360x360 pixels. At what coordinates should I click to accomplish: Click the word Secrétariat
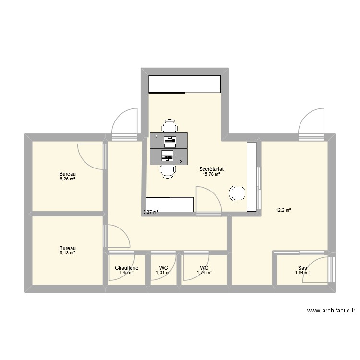[x=212, y=169]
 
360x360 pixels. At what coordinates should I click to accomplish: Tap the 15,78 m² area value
[x=211, y=174]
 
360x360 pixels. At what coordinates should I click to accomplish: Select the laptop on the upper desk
[x=169, y=141]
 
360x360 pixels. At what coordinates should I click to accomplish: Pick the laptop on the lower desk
[x=168, y=156]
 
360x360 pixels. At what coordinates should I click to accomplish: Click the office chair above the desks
[x=168, y=127]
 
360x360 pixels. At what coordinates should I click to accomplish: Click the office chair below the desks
[x=168, y=170]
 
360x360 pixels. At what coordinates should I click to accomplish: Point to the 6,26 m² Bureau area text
[x=68, y=179]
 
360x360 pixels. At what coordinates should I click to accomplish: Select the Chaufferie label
[x=127, y=268]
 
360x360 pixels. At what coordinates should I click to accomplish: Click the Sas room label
[x=302, y=268]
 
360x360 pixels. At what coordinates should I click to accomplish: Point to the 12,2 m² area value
[x=283, y=210]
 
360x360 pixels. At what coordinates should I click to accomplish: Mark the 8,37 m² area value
[x=150, y=212]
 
